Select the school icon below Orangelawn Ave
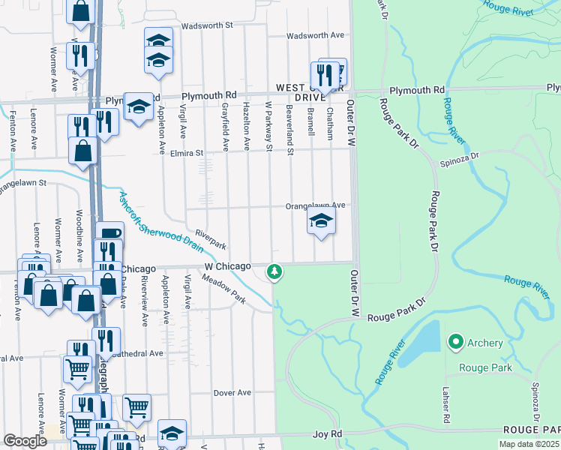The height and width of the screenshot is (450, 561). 320,221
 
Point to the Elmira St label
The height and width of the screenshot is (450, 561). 188,152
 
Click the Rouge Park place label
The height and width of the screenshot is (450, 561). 484,367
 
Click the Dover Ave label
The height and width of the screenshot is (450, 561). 232,392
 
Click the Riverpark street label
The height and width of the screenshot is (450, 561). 210,239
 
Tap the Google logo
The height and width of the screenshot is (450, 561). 24,441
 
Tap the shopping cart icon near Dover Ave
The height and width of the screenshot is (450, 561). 136,408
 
